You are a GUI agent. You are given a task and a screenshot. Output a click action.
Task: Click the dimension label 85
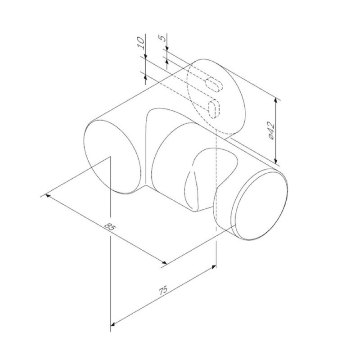[x=110, y=227]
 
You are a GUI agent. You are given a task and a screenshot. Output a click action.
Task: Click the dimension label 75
[x=163, y=290]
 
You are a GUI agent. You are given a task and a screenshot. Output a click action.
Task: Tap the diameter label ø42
[x=271, y=131]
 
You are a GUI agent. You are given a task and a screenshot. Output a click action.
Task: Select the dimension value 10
[x=141, y=43]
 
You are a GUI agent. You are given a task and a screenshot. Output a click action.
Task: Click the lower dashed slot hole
[x=214, y=109]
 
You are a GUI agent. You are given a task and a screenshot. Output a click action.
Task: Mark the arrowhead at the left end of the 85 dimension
[x=47, y=195]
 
